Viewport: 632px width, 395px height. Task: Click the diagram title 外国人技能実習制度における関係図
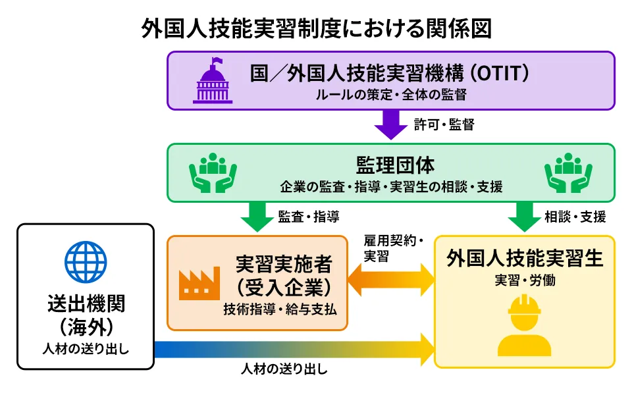tap(316, 28)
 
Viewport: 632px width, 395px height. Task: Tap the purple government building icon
tap(212, 81)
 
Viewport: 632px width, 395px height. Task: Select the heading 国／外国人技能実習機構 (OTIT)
tap(390, 73)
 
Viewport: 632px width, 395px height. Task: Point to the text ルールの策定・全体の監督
tap(391, 94)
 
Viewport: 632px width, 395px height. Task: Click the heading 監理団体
tap(391, 165)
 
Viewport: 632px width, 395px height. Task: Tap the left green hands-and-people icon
tap(213, 172)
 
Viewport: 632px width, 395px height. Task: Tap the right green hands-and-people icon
tap(568, 172)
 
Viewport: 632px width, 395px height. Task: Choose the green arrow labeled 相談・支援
tap(524, 216)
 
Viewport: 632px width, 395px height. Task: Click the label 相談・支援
tap(575, 216)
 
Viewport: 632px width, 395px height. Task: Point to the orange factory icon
tap(199, 282)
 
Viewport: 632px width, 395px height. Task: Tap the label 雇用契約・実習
tap(391, 248)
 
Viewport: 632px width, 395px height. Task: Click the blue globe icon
tap(86, 261)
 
